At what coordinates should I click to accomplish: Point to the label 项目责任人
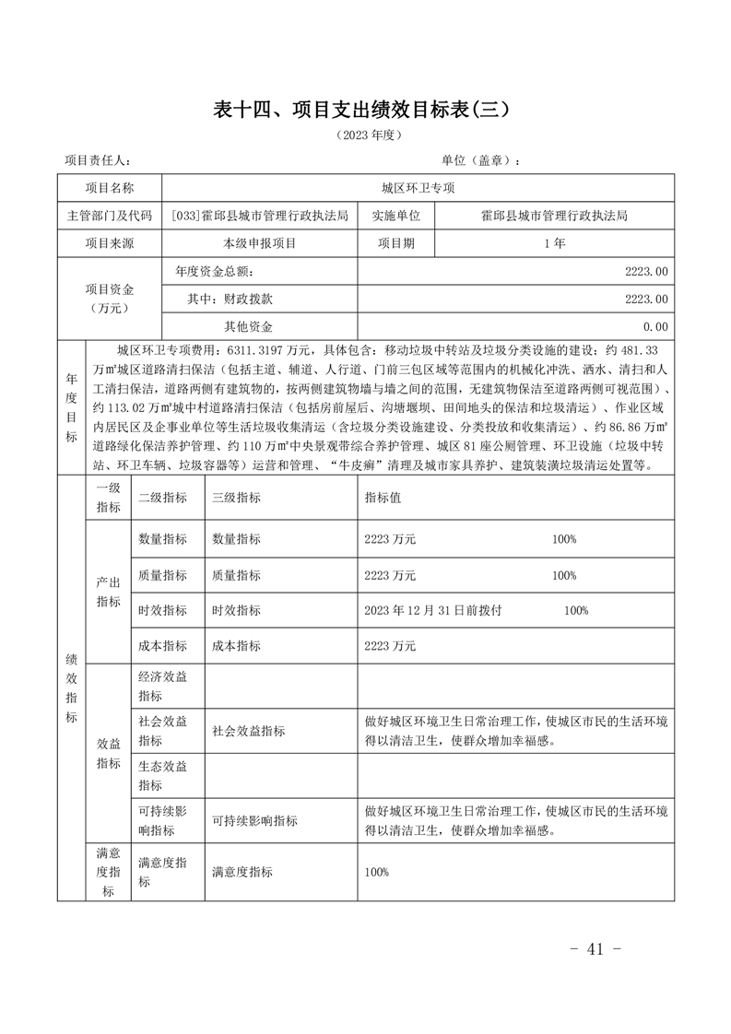[x=98, y=160]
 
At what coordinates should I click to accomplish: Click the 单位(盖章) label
[x=480, y=160]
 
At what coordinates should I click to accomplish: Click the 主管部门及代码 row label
[x=110, y=216]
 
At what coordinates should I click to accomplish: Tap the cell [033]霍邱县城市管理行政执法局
[x=260, y=216]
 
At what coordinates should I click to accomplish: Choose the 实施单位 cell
[x=396, y=216]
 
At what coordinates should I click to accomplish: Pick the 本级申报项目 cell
[x=260, y=243]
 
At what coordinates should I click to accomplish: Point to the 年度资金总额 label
[x=213, y=272]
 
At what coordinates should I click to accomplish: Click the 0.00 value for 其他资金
[x=655, y=326]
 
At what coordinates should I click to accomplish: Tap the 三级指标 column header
[x=236, y=497]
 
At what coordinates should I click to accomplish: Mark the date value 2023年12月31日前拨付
[x=432, y=610]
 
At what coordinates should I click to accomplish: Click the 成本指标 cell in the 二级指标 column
[x=162, y=646]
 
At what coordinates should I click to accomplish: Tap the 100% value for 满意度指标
[x=377, y=872]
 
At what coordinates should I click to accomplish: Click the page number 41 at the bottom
[x=594, y=950]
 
